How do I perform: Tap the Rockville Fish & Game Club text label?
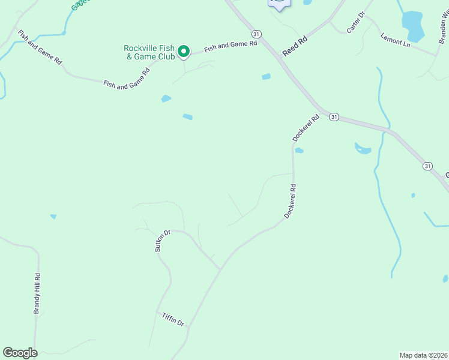pyautogui.click(x=149, y=52)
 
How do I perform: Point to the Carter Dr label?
pyautogui.click(x=356, y=22)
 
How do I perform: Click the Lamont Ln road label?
pyautogui.click(x=395, y=40)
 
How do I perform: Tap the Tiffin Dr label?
pyautogui.click(x=173, y=319)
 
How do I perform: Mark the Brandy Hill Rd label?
pyautogui.click(x=37, y=293)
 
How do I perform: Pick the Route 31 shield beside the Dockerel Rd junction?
pyautogui.click(x=334, y=117)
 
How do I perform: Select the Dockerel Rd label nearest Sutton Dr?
pyautogui.click(x=291, y=201)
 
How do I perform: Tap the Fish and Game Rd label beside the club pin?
pyautogui.click(x=231, y=46)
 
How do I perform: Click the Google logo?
pyautogui.click(x=20, y=353)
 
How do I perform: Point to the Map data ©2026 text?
pyautogui.click(x=423, y=355)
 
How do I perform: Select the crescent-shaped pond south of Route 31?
pyautogui.click(x=363, y=148)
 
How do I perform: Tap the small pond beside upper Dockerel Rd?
pyautogui.click(x=299, y=150)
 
